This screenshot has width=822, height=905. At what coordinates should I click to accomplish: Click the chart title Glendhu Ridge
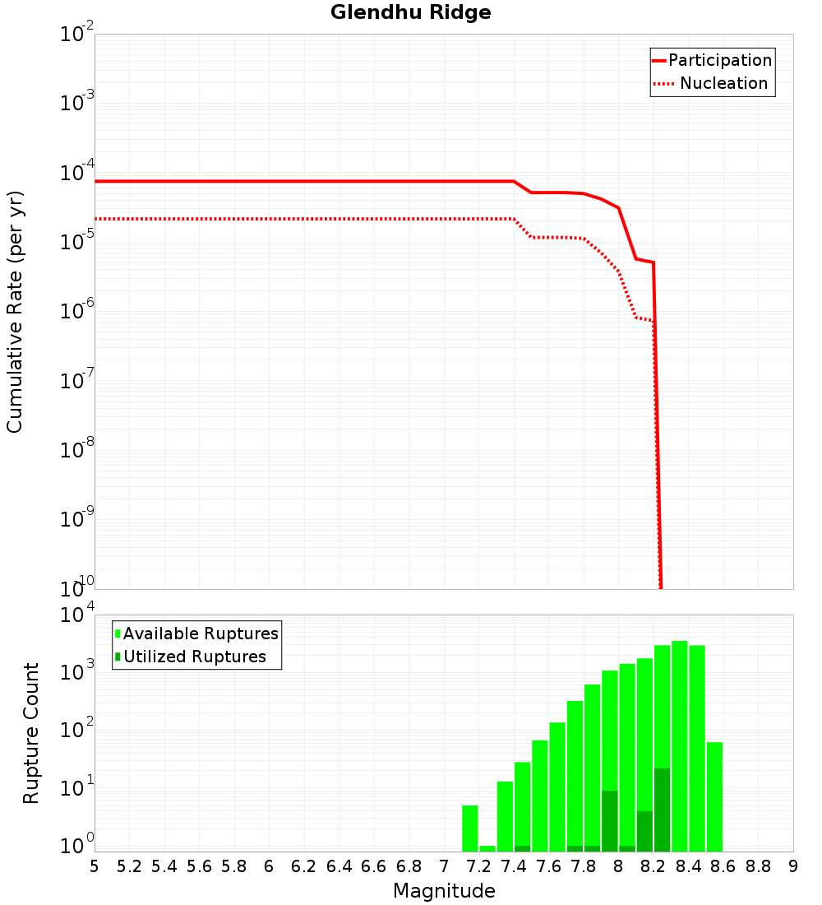pos(410,12)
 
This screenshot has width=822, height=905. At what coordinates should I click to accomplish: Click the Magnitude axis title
pos(444,891)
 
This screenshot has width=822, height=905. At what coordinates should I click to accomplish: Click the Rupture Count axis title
pos(31,733)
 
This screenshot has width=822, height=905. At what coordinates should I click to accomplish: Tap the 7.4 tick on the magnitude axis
pos(514,866)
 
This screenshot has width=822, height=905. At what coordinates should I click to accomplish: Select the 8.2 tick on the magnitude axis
pos(653,866)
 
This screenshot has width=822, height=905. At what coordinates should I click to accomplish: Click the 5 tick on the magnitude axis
pos(95,866)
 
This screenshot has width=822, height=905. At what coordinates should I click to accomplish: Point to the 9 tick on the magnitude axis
pos(793,866)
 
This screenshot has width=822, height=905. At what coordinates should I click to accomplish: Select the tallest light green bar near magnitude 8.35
pos(680,740)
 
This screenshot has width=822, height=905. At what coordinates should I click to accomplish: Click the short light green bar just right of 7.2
pos(487,848)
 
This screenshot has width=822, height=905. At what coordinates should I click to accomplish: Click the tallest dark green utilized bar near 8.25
pos(662,810)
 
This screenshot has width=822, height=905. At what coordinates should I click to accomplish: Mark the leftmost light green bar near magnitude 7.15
pos(470,828)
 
